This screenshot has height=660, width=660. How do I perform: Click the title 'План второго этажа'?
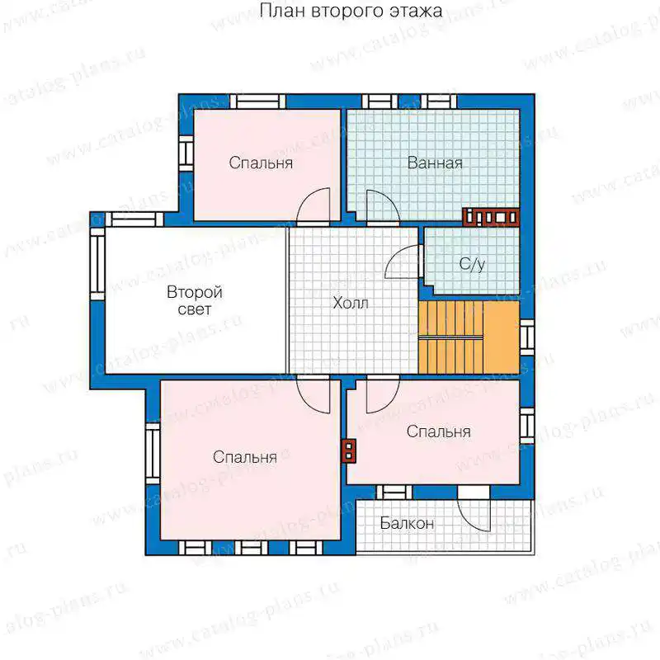point(351,11)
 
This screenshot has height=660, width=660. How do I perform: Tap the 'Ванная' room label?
point(435,163)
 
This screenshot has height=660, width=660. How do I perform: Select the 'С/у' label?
point(472,264)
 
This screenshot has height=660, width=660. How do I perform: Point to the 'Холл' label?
point(351,303)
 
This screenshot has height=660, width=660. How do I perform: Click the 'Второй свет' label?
point(195,300)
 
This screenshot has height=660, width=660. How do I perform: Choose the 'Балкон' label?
point(407,523)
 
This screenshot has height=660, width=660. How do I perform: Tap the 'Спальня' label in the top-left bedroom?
point(261,163)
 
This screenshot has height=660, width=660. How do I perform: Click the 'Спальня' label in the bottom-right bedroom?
point(439,431)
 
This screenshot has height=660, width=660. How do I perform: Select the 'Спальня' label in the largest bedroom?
point(244,457)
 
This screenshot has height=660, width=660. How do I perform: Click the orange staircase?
point(469,337)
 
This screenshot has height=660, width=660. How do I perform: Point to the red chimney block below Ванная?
point(491,217)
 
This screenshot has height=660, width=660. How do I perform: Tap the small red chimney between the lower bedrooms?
point(349,450)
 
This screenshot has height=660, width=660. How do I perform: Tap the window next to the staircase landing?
point(527,337)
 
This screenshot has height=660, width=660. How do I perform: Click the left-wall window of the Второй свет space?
point(97,263)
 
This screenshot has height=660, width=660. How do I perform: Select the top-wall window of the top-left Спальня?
point(257,101)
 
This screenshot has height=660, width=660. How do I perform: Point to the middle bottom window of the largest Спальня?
point(251,548)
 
